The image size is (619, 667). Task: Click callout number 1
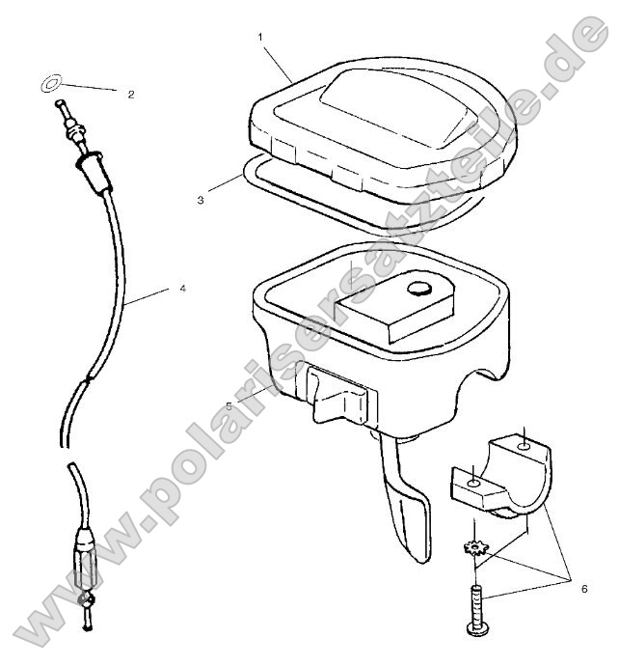coord(260,36)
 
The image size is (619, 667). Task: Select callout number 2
coord(130,94)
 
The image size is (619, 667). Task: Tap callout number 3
coord(200,200)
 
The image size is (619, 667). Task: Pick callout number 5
coord(229,405)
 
